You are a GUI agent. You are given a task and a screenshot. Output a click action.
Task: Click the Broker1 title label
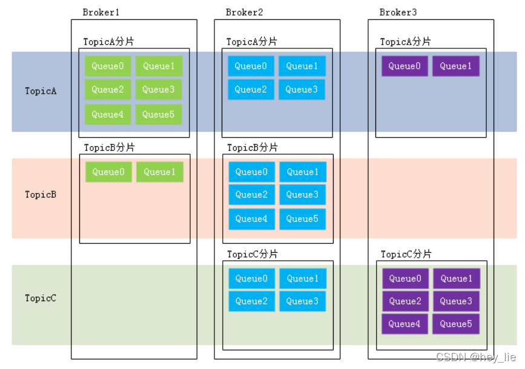pos(101,12)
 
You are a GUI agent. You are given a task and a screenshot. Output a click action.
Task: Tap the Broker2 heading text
pos(244,12)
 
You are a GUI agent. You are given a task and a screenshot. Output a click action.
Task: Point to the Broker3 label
pos(398,12)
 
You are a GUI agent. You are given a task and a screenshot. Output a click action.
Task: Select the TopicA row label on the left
pos(41,91)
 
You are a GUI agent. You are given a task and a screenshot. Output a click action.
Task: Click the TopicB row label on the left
pos(41,194)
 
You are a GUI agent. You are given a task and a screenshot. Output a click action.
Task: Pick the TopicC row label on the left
pos(41,298)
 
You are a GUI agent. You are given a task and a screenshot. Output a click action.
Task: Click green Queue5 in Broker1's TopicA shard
pos(159,114)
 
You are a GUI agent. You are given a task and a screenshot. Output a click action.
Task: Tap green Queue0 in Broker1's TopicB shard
pos(108,172)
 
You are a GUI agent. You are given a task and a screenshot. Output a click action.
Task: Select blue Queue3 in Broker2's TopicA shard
pos(302,90)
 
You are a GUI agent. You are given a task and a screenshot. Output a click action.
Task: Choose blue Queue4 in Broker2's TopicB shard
pos(251,219)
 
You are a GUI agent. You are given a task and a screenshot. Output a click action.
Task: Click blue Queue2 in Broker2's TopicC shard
pos(251,301)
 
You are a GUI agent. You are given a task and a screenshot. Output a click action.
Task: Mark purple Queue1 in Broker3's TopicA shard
pos(456,66)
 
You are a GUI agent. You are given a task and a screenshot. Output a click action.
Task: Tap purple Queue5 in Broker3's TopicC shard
pos(456,324)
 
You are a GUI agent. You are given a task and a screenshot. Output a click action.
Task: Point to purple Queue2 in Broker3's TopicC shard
pos(405,301)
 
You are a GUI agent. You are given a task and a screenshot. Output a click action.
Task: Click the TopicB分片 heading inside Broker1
pos(109,148)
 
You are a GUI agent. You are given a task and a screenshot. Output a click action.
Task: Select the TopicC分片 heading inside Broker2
pos(253,254)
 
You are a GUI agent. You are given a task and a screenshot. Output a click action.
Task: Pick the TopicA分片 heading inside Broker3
pos(405,42)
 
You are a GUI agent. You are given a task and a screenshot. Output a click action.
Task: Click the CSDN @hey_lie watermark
pos(476,358)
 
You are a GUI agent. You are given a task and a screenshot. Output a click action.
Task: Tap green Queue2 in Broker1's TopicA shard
pos(108,90)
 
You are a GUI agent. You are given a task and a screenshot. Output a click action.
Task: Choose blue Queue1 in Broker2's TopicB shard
pos(303,172)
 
